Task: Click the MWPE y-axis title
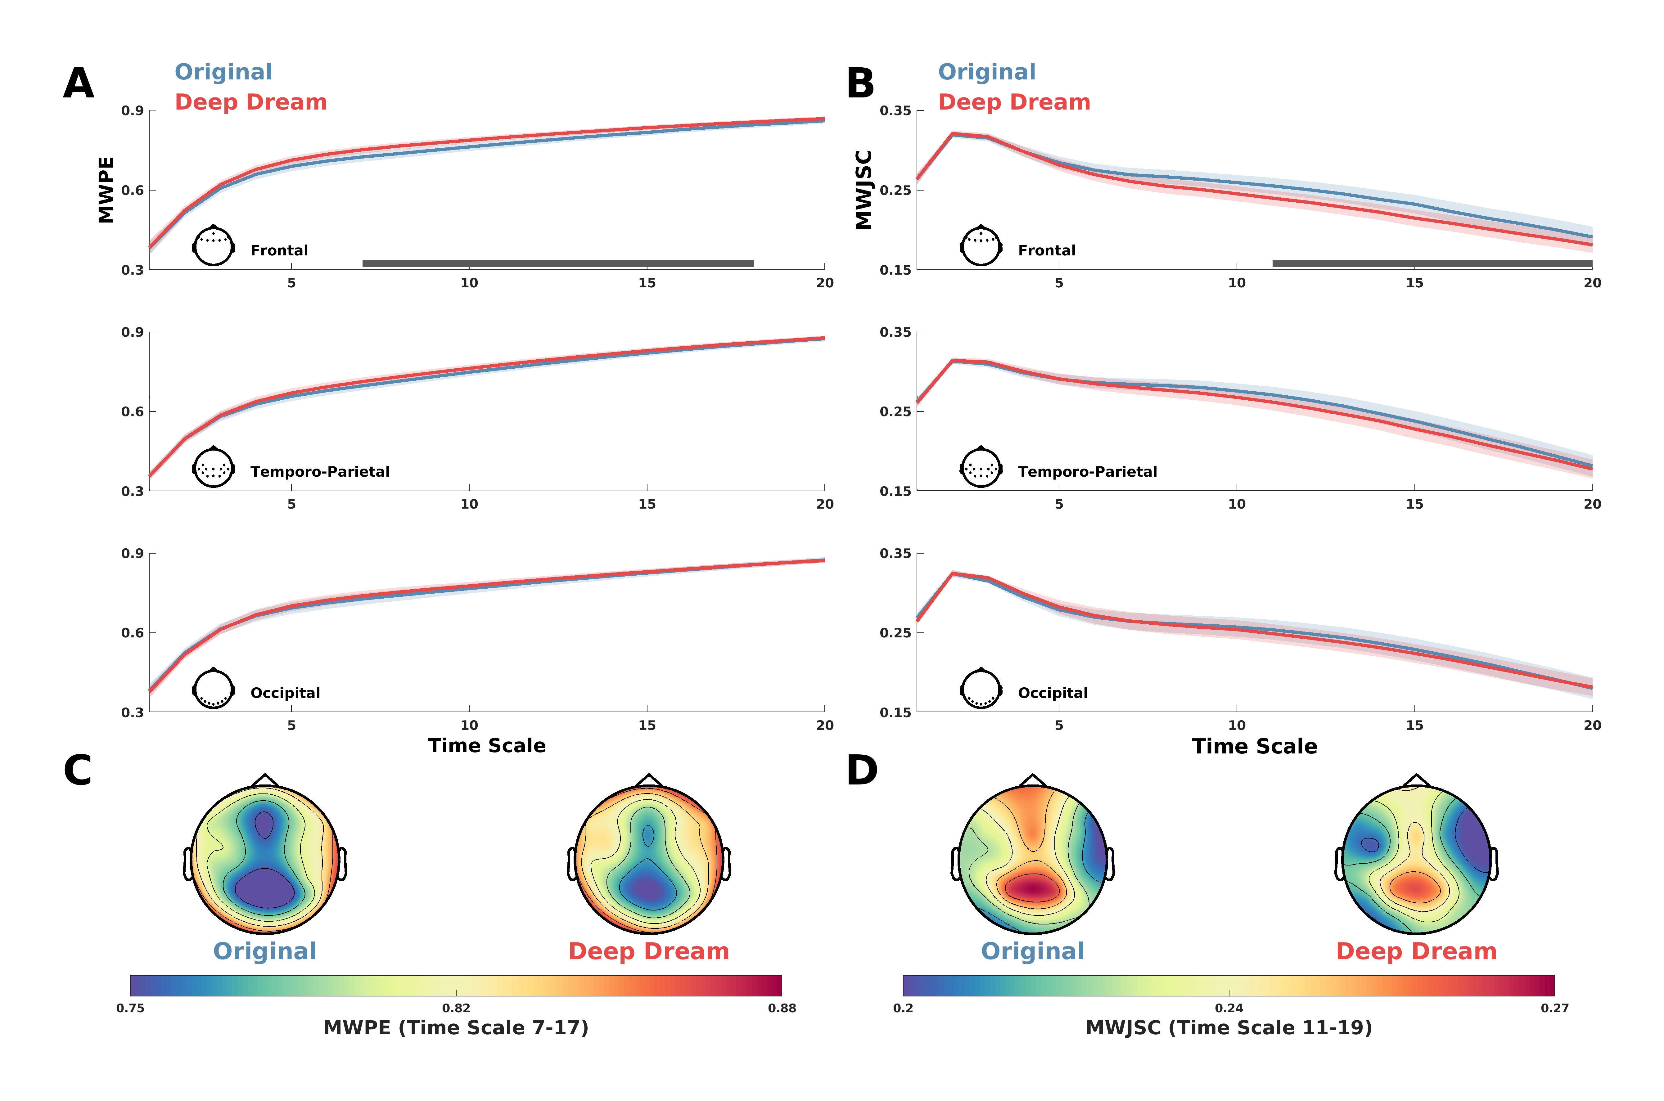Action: point(106,190)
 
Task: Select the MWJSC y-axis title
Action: point(863,190)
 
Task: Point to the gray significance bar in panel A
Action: point(558,263)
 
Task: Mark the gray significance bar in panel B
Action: point(1432,263)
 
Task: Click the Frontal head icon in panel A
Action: point(213,246)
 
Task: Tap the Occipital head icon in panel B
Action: point(981,688)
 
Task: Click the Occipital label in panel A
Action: point(285,693)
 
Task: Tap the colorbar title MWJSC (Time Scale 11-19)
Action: point(1229,1028)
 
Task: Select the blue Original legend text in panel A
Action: point(223,72)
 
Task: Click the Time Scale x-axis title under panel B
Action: point(1255,746)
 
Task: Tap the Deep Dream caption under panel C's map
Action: point(648,951)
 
